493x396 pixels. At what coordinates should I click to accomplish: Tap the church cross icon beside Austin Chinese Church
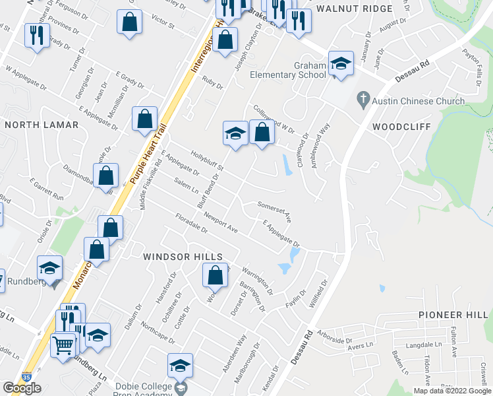click(x=361, y=100)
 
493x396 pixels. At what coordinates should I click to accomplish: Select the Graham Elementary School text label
click(x=288, y=70)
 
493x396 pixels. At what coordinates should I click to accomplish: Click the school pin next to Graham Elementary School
click(x=341, y=64)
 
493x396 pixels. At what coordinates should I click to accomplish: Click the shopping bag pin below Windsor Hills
click(x=215, y=276)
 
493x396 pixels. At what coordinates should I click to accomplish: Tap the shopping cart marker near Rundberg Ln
click(x=63, y=344)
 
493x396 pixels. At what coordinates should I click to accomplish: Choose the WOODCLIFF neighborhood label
click(x=401, y=126)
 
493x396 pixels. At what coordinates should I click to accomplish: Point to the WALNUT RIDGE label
click(x=354, y=9)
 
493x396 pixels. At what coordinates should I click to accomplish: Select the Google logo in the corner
click(x=21, y=387)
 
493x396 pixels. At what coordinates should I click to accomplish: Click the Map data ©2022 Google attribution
click(x=451, y=391)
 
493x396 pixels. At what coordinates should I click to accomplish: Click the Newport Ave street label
click(x=220, y=223)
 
